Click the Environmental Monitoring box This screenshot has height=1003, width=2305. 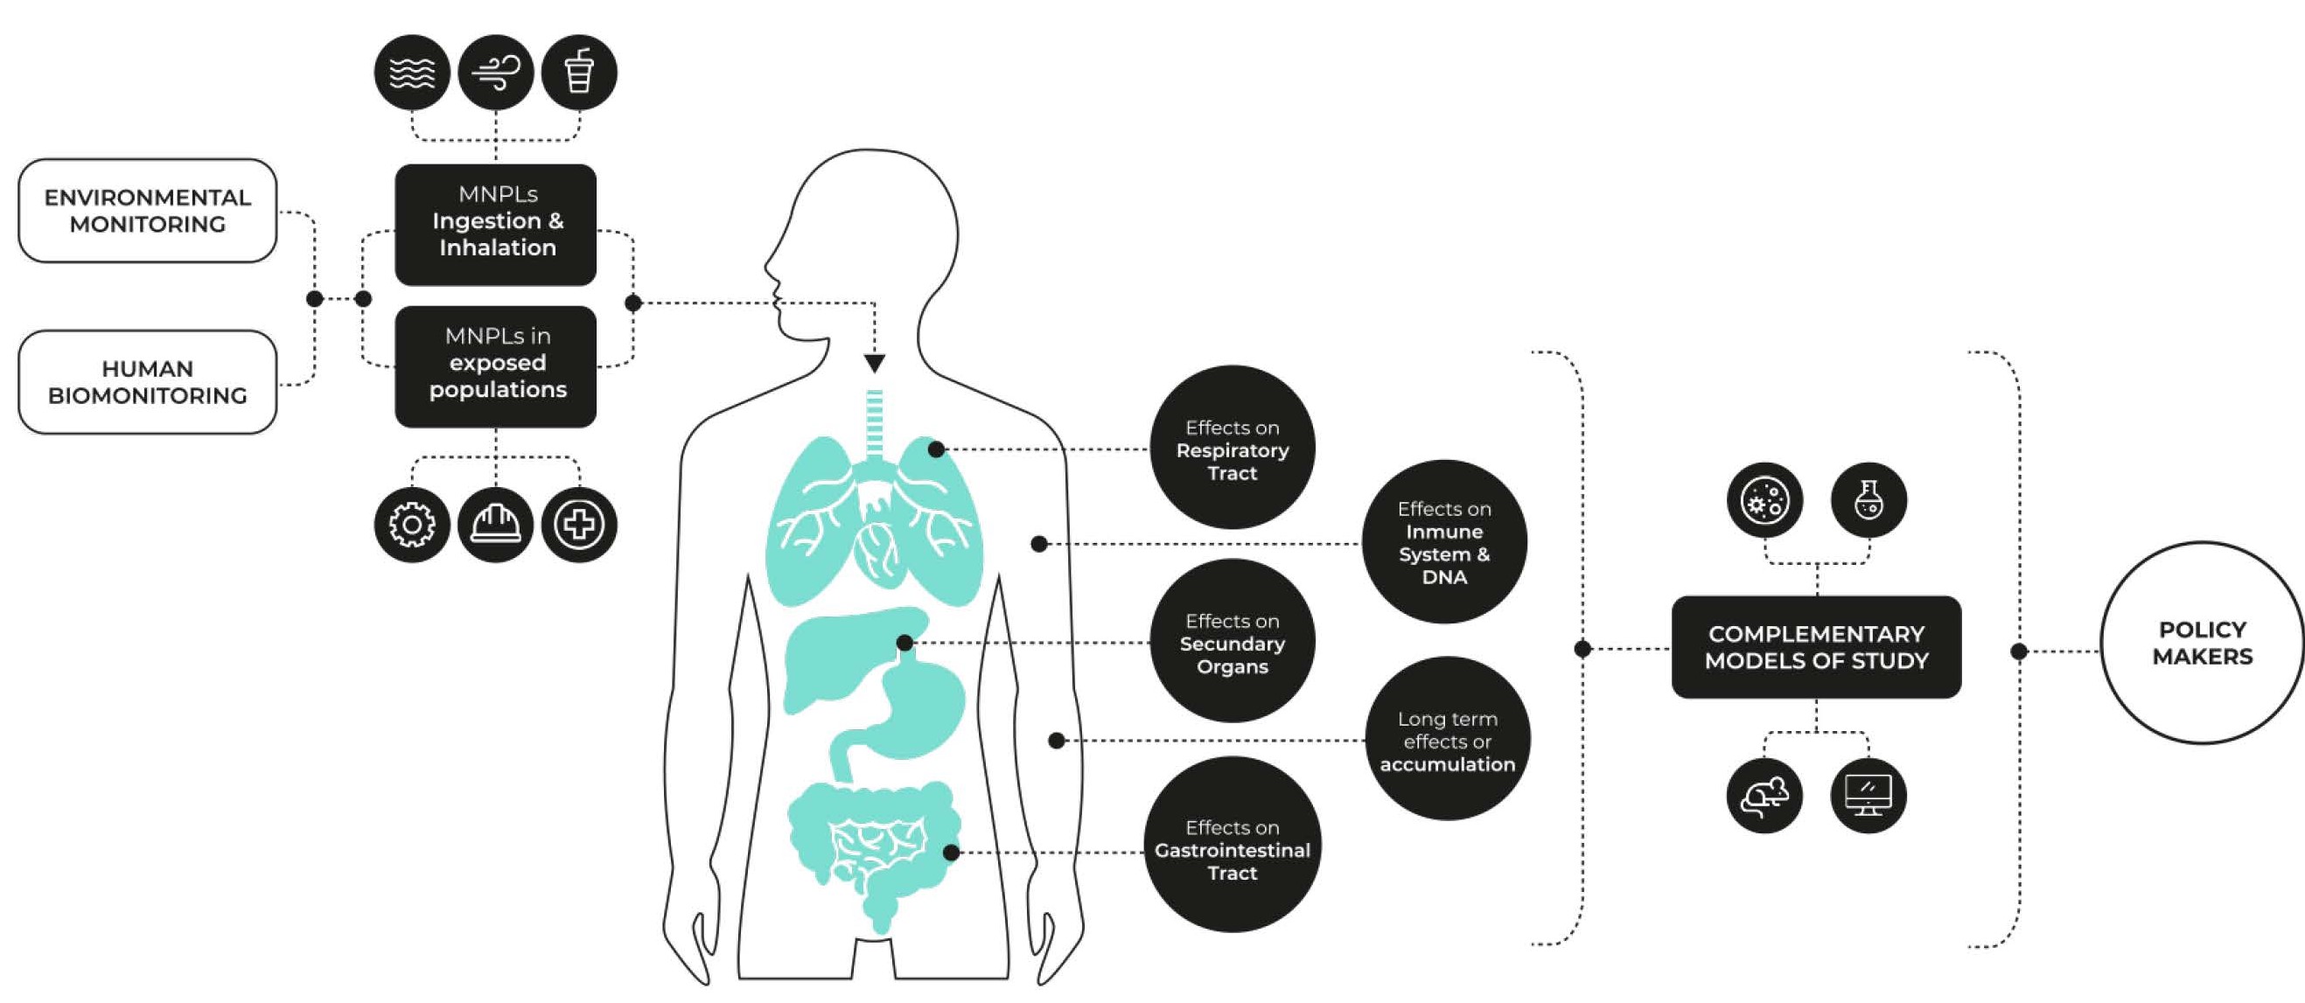coord(148,211)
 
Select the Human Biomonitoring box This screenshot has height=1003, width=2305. coord(148,382)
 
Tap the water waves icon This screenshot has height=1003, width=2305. coord(412,73)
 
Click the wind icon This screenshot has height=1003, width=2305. coord(496,73)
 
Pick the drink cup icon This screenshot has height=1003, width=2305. coord(579,73)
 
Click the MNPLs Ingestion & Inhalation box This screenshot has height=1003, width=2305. coord(496,225)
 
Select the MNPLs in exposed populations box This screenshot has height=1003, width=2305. coord(496,366)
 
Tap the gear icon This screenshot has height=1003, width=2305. coord(412,525)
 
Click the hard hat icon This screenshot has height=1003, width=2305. coord(496,525)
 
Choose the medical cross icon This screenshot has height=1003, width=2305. coord(579,525)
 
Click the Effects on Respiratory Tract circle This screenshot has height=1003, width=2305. coord(1233,448)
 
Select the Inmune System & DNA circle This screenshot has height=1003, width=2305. coord(1444,542)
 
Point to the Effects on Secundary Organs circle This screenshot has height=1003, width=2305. coord(1233,642)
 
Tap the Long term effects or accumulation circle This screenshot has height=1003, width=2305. coord(1447,739)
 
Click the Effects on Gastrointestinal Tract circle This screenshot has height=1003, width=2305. coord(1233,846)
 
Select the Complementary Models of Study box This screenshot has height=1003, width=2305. coord(1815,647)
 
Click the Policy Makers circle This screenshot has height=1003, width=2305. coord(2202,643)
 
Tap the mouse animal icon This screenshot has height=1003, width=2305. coord(1764,796)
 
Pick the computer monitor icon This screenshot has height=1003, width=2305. coord(1868,796)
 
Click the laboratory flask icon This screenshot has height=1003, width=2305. coord(1868,499)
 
